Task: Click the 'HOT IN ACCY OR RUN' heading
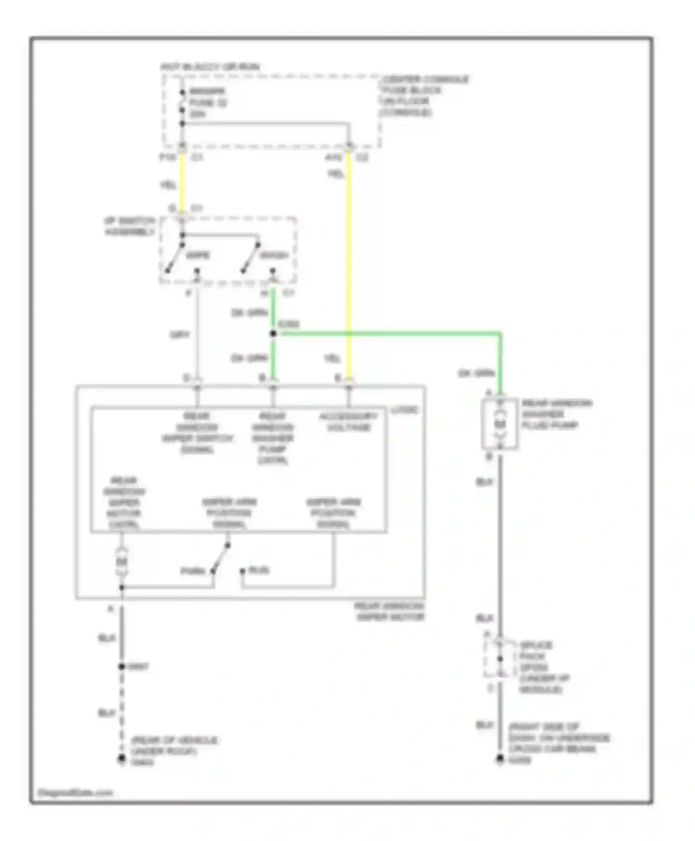tap(210, 67)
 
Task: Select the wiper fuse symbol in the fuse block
tap(182, 102)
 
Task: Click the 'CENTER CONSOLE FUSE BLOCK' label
tap(424, 96)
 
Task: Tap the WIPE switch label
tap(198, 255)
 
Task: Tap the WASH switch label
tap(273, 255)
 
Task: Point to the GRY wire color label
tap(179, 335)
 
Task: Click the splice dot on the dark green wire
tap(273, 333)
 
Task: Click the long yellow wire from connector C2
tap(349, 260)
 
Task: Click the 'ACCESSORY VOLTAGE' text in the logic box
tap(349, 422)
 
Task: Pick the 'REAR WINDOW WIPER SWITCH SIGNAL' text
tap(197, 433)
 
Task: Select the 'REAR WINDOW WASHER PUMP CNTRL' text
tap(273, 438)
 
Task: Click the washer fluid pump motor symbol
tap(499, 424)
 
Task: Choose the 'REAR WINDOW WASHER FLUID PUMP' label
tap(556, 414)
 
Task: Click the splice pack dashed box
tap(499, 659)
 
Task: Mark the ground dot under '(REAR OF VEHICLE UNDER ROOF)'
tap(121, 758)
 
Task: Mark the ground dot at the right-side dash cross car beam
tap(499, 759)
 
